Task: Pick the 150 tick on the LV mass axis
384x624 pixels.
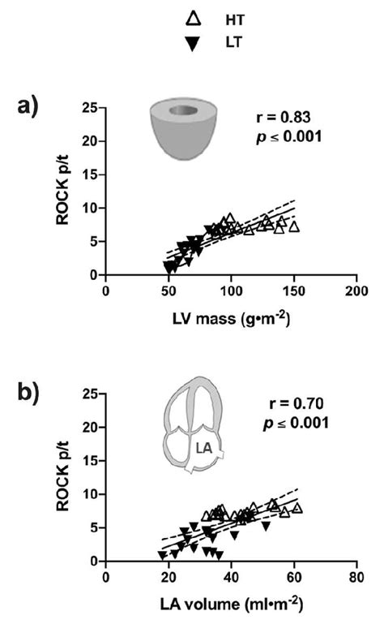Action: pyautogui.click(x=293, y=291)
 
